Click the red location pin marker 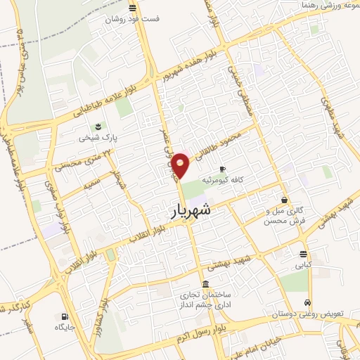181,164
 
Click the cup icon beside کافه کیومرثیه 223,169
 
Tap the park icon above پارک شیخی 99,127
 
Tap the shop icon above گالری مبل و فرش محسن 284,200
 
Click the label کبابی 303,266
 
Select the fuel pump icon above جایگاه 65,316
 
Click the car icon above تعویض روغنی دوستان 307,303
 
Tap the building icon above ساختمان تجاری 205,284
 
